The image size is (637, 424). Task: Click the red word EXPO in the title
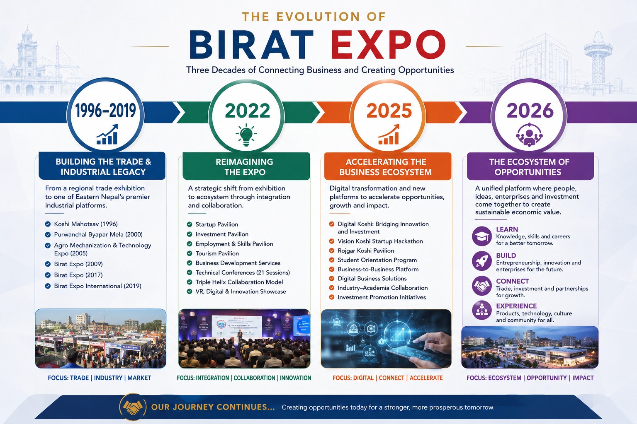388,45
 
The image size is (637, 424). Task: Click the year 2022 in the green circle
248,111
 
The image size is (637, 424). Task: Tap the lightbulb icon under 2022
246,135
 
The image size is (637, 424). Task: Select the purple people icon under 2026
529,135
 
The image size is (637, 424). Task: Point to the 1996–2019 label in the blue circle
105,111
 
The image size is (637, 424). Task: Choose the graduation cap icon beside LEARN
482,236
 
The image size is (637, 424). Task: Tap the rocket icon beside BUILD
482,261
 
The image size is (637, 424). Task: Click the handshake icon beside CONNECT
482,286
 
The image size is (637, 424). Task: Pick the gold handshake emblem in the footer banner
133,407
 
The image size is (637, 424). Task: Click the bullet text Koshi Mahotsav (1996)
86,224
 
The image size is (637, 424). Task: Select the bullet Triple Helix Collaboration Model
239,282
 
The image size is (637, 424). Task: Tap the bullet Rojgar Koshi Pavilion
366,251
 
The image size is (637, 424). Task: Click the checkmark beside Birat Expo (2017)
48,275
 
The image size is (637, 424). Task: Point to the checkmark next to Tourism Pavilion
190,253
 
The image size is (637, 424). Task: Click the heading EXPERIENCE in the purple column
516,306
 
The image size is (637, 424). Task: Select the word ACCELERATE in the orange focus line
426,378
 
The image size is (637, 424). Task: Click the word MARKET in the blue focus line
139,378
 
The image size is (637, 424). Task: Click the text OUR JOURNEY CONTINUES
213,407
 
